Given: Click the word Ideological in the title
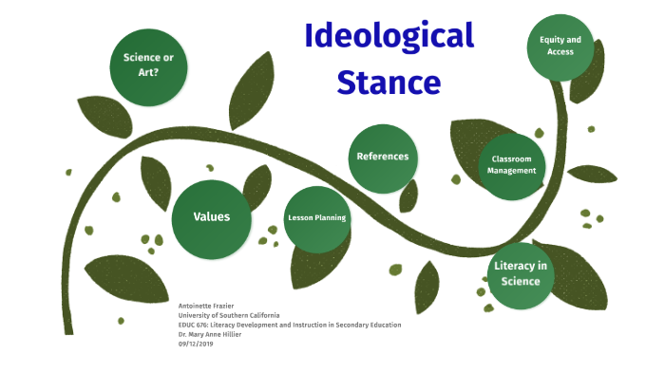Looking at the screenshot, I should [x=389, y=37].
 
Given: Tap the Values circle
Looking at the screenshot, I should [x=211, y=217].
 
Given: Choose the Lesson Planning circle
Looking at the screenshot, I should [x=317, y=217].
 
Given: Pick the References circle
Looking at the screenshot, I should [x=383, y=158].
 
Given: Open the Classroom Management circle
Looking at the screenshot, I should [x=513, y=165].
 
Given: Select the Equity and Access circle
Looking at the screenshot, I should [x=560, y=46].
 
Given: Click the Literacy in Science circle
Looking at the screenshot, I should [x=521, y=273].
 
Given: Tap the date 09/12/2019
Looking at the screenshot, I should [x=196, y=343].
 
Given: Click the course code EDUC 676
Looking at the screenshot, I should [x=194, y=325].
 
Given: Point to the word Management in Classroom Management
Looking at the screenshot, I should [x=513, y=171].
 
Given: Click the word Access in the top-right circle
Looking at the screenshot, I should [x=560, y=51].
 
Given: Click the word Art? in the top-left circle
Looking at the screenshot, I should [x=148, y=71].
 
